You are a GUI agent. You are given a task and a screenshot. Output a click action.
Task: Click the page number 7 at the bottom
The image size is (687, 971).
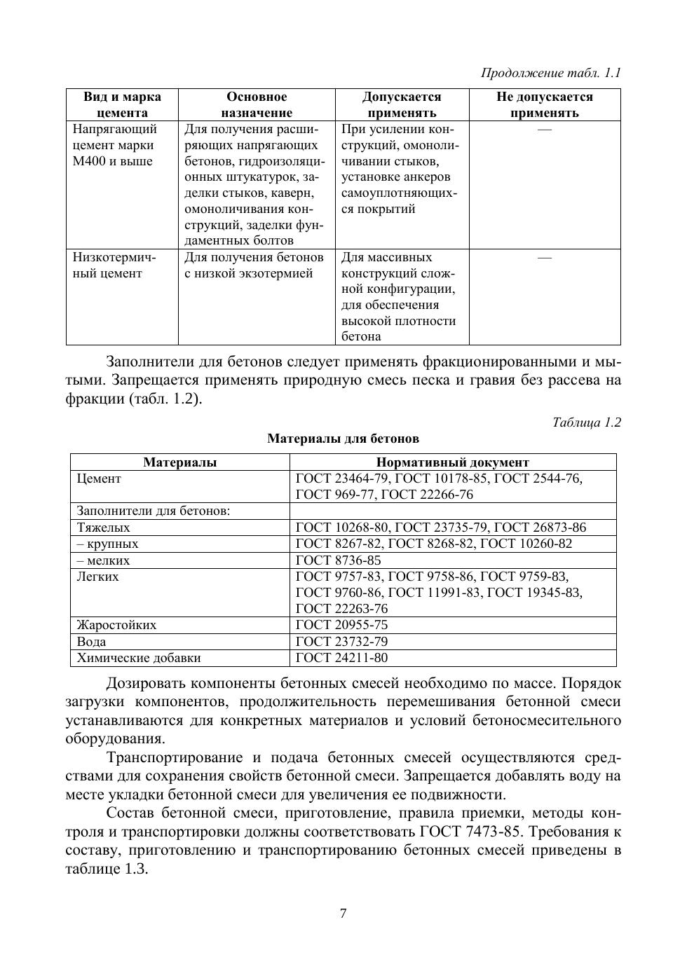[343, 913]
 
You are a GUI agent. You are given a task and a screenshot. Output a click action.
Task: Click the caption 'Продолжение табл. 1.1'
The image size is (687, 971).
[550, 73]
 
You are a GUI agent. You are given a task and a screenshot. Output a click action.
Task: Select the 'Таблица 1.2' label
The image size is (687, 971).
[586, 422]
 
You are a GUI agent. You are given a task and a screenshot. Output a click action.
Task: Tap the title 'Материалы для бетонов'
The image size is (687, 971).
[343, 439]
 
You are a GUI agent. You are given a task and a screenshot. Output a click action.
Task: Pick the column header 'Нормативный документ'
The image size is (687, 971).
[452, 462]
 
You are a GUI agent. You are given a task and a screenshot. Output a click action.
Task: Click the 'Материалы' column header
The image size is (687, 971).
[180, 462]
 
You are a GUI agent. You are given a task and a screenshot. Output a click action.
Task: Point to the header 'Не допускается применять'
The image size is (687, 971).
[544, 105]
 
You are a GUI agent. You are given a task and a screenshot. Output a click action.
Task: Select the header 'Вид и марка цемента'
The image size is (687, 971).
[122, 105]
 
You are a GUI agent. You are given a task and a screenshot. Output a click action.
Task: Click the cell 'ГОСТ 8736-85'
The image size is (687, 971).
[339, 560]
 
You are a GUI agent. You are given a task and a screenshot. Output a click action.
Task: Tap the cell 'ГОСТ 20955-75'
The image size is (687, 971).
[341, 625]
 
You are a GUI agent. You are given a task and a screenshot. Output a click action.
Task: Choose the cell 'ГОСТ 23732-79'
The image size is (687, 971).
[341, 642]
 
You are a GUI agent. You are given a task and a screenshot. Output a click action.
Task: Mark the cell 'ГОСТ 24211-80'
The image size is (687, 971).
[341, 658]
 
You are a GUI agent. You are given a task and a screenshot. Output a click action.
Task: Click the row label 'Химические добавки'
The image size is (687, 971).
[138, 658]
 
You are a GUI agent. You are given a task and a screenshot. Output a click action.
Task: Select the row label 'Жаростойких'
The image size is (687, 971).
[116, 625]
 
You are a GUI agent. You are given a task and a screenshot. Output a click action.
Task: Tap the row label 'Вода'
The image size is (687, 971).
[91, 642]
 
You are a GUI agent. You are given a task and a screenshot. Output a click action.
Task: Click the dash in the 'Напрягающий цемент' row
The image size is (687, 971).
[544, 130]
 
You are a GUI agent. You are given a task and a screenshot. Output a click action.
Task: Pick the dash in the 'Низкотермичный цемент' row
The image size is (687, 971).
[544, 258]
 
